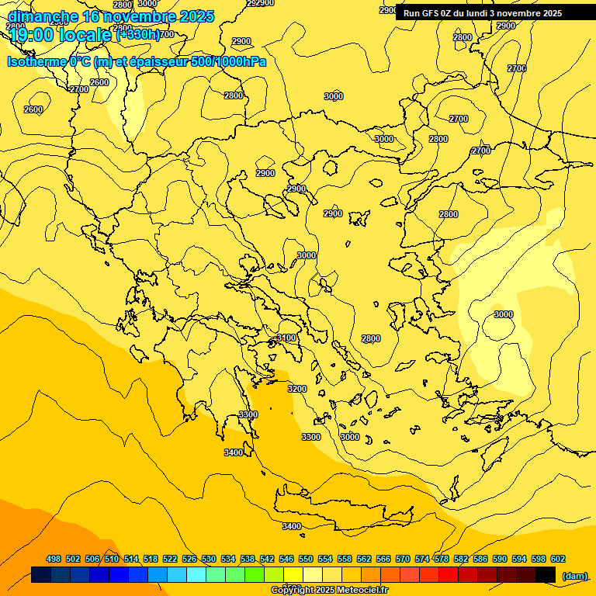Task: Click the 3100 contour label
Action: pos(286,338)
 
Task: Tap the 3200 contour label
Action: pos(297,389)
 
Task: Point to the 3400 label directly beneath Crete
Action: pos(292,526)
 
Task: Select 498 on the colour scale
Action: pos(54,559)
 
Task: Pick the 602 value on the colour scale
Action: pos(558,559)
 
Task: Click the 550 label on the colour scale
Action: pos(306,559)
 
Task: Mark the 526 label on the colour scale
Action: pos(189,559)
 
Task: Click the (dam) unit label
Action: pos(575,576)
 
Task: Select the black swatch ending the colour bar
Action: pos(546,575)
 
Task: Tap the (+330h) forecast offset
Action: pos(137,34)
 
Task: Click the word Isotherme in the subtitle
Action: pos(36,61)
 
